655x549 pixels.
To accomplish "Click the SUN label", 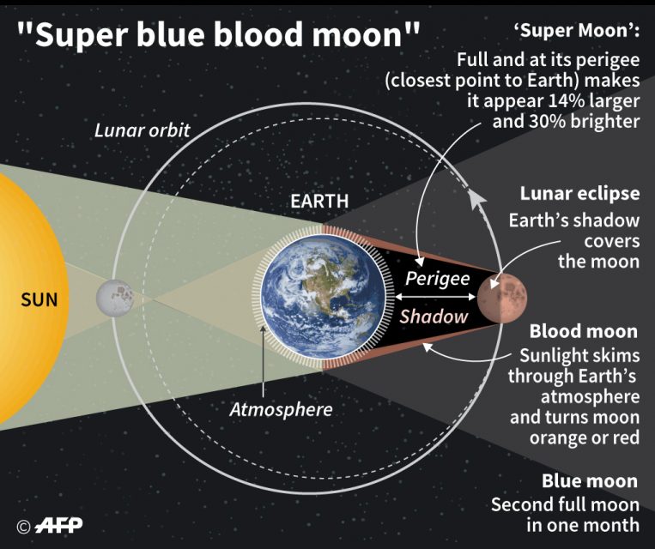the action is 39,299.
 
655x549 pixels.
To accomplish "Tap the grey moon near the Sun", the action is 115,298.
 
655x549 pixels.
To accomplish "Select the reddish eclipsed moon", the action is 501,298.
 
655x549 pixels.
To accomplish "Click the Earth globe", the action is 323,297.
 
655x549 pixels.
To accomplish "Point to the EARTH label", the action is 319,202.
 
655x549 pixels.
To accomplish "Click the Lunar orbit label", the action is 142,130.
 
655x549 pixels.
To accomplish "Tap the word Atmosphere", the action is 281,409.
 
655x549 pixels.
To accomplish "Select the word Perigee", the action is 437,279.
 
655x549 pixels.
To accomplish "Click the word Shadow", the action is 434,317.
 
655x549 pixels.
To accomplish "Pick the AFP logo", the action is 59,525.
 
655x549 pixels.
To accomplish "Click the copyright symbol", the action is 23,527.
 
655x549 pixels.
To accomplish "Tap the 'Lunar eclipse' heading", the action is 579,194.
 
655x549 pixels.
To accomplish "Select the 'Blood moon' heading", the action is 584,331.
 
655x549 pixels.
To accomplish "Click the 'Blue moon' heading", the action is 590,481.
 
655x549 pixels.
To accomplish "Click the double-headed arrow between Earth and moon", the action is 435,297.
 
